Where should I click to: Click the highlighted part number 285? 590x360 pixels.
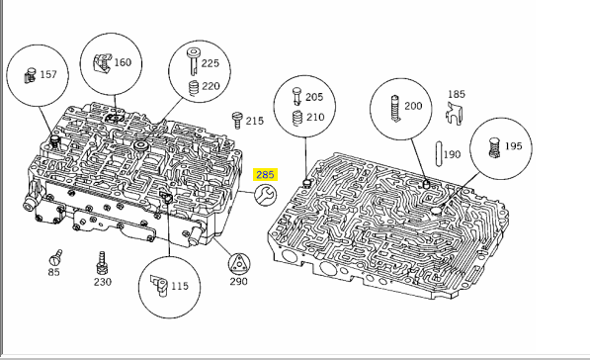[265, 175]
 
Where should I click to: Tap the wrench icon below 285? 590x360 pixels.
[265, 195]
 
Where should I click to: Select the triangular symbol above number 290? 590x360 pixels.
[239, 264]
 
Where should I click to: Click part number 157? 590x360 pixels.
[48, 74]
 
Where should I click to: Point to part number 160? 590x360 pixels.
[123, 62]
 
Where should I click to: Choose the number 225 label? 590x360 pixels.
[210, 63]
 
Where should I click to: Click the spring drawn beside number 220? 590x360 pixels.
[194, 88]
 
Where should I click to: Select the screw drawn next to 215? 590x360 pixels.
[237, 120]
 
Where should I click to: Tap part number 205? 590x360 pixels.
[314, 97]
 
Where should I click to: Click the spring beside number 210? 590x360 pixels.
[297, 118]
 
